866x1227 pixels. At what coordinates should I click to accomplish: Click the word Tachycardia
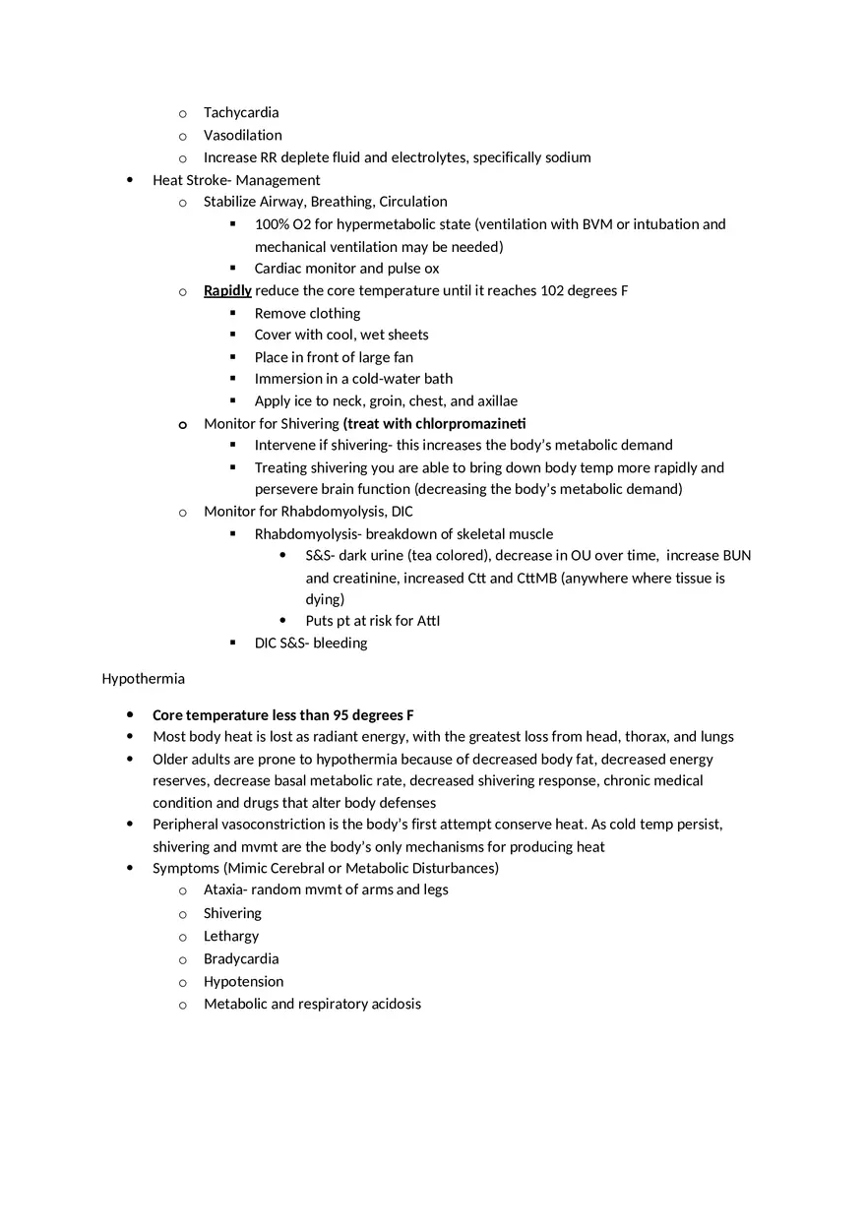point(241,113)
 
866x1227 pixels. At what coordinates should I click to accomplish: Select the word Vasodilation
point(242,136)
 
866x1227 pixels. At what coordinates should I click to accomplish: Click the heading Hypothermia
point(143,679)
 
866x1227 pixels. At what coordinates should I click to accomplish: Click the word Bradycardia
point(241,959)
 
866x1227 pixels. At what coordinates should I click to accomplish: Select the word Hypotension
point(243,982)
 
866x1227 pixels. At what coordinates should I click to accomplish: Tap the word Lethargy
point(231,937)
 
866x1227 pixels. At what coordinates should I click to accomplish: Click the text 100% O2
point(281,224)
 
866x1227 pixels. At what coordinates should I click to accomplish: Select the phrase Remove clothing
point(307,314)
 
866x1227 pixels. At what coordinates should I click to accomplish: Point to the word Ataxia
point(225,890)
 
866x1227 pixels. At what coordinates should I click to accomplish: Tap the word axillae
point(497,401)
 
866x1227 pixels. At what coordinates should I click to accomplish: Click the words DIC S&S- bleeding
point(311,644)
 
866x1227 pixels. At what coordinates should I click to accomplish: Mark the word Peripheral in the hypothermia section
point(185,825)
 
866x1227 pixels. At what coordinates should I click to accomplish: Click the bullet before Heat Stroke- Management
point(131,180)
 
